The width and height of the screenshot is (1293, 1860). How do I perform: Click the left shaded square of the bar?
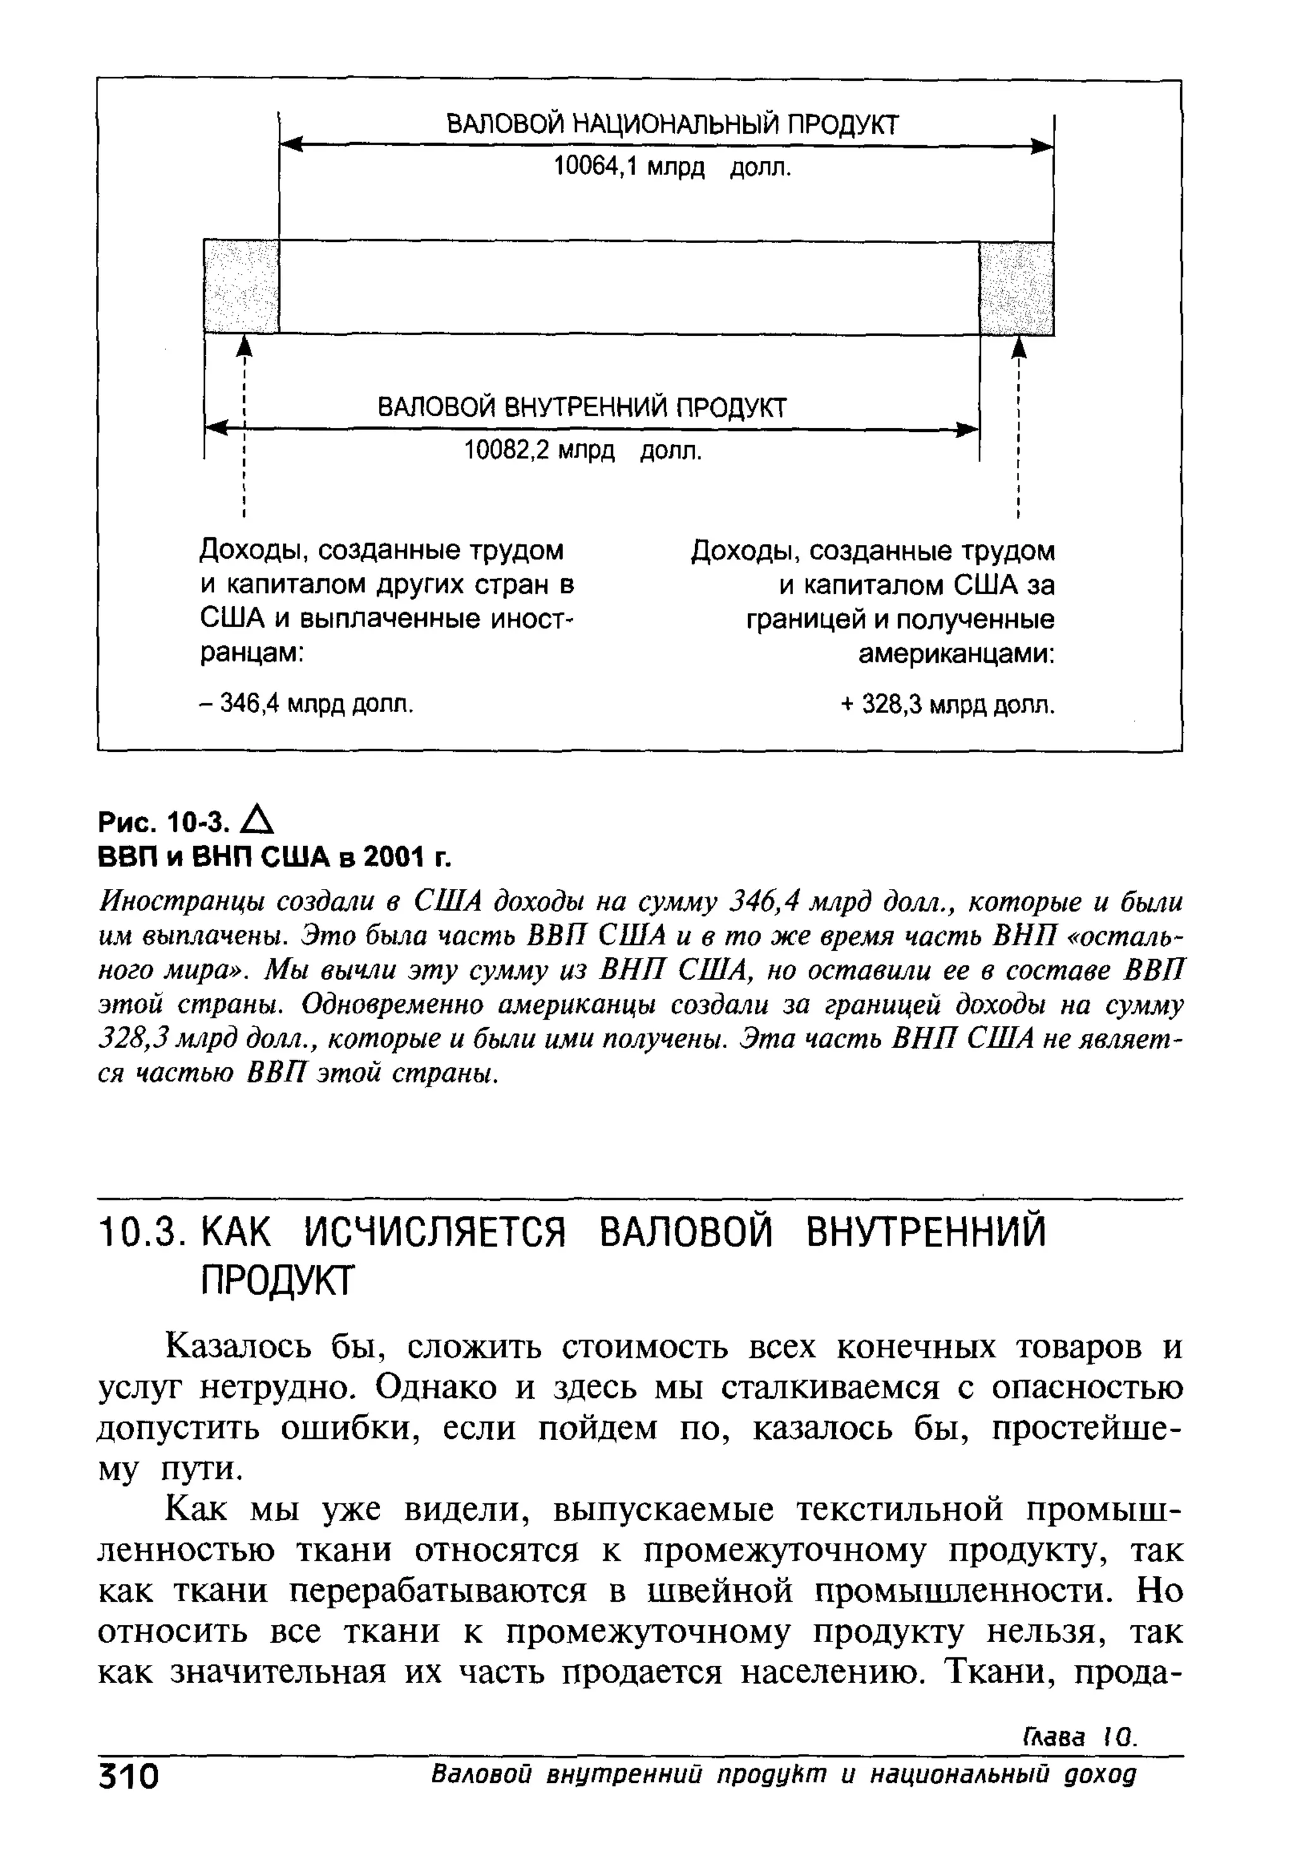241,286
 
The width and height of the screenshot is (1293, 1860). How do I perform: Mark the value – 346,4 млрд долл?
306,703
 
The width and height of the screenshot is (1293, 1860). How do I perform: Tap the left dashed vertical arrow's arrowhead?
243,346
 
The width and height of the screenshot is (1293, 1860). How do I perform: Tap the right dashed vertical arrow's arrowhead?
1018,346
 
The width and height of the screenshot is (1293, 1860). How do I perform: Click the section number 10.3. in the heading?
137,1234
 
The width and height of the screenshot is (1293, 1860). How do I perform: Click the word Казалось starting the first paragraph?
234,1347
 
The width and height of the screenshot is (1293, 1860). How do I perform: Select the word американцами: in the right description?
956,653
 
